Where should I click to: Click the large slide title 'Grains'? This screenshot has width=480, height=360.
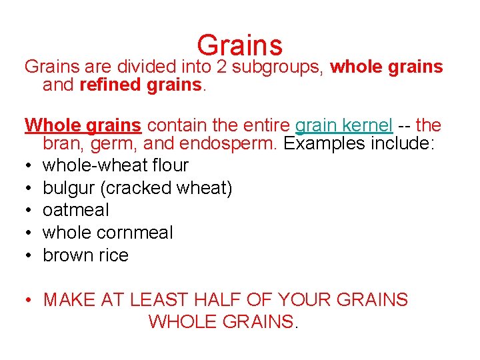point(240,45)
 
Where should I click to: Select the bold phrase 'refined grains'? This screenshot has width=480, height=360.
point(140,85)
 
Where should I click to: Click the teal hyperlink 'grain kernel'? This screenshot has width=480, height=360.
point(343,125)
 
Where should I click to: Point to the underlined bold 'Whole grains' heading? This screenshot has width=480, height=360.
point(83,125)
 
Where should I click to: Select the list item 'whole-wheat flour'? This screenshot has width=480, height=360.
point(115,165)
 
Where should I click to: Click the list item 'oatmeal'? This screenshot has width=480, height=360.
point(75,210)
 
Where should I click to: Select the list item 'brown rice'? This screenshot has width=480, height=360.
point(85,255)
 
